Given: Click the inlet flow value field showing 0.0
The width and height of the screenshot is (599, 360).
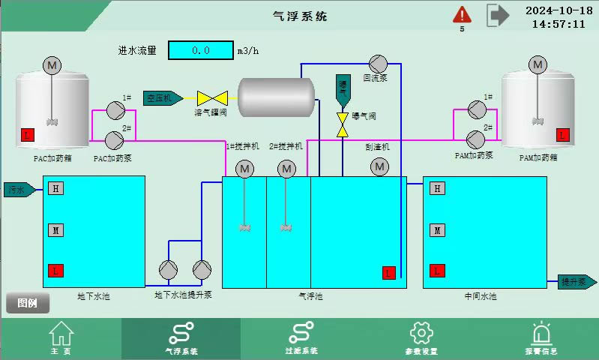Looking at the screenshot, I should [200, 50].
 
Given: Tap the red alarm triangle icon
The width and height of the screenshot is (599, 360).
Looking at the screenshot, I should [462, 14].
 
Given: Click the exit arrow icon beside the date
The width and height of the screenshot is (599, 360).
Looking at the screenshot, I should [497, 14].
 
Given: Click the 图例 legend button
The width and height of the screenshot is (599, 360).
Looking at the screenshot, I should [28, 303].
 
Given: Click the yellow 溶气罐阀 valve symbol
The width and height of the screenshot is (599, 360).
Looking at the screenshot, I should [211, 97].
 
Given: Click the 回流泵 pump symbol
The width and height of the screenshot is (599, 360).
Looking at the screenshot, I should [376, 63].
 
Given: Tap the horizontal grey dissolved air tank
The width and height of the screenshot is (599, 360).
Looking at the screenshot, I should [276, 97].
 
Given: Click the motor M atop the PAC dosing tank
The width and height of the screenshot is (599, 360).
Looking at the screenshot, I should [52, 65].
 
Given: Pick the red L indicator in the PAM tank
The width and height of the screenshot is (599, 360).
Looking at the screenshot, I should [562, 135].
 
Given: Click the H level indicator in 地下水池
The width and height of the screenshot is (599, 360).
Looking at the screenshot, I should [55, 188].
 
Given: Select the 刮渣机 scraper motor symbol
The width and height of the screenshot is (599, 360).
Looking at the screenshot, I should [380, 167].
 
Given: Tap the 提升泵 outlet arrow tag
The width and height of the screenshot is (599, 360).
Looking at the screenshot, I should [577, 282].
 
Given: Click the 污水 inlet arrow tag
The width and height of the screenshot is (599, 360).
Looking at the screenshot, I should [19, 189].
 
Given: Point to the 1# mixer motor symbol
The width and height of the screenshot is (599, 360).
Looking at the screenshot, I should [245, 170].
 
